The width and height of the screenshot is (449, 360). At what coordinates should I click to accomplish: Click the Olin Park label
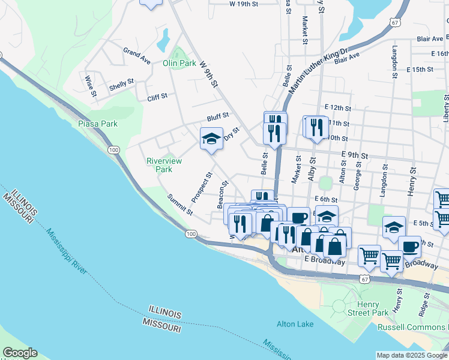(179, 63)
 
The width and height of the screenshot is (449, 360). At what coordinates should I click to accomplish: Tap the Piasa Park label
(98, 124)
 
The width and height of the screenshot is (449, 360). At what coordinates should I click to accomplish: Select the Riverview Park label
(160, 165)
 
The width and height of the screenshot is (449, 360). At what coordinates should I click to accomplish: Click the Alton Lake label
(295, 324)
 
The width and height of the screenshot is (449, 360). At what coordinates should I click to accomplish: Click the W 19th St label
(243, 4)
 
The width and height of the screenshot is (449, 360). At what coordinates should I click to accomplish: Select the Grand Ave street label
(137, 56)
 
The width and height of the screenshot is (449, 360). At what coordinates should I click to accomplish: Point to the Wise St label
(91, 85)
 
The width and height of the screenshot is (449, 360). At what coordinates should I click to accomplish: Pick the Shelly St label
(122, 85)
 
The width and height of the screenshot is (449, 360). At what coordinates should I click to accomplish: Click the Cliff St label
(157, 96)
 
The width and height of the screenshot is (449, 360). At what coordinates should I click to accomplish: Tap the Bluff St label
(218, 116)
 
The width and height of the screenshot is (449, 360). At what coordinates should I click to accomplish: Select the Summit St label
(180, 204)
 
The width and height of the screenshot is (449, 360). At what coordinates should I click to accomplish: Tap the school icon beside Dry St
(211, 139)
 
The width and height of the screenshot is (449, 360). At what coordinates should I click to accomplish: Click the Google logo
(20, 353)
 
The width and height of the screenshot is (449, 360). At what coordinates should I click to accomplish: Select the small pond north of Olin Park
(163, 41)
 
